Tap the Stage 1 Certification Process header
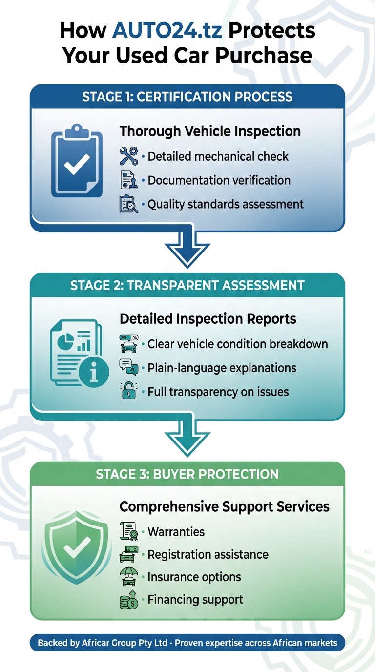187,96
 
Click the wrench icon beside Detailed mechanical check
129,156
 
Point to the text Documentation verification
219,180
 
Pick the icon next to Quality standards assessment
129,204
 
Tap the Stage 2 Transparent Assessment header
187,285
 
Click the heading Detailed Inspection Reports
208,319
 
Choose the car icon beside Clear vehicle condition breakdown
129,344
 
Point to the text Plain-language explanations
222,367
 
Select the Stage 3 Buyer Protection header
187,474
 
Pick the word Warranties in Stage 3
176,531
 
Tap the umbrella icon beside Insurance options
129,577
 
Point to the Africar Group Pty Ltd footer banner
187,643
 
